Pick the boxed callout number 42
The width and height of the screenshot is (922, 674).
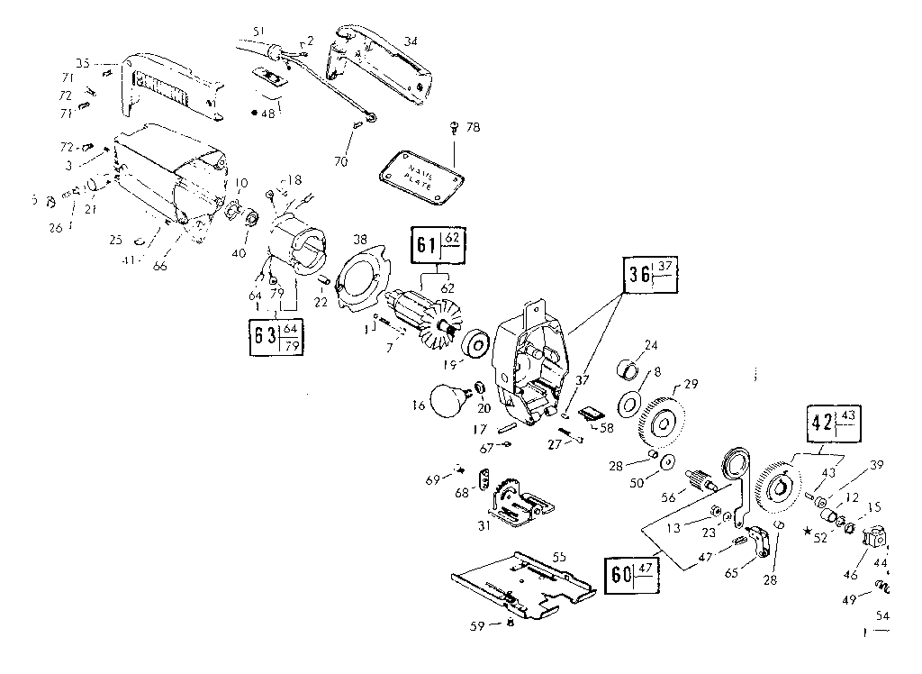tap(819, 424)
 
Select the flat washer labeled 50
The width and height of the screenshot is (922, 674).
tap(667, 462)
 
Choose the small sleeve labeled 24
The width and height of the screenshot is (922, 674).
tap(628, 369)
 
